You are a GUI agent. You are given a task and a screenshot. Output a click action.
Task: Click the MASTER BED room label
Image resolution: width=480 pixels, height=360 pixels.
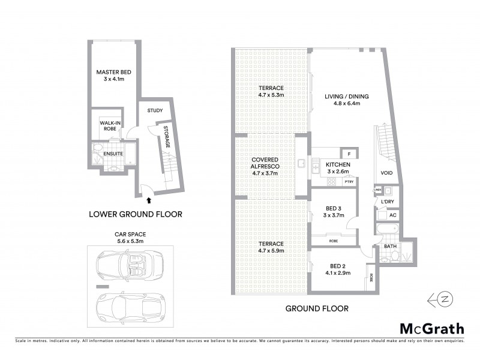(x=113, y=76)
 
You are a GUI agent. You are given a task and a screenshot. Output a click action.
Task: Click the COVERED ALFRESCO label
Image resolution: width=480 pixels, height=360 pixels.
(x=264, y=166)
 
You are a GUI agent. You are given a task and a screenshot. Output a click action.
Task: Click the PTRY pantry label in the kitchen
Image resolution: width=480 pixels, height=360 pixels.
(x=349, y=181)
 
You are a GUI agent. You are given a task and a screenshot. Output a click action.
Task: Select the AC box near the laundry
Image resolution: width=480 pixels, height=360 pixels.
(x=393, y=215)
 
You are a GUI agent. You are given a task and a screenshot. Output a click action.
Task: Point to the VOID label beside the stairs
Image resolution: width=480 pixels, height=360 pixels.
(x=387, y=173)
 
